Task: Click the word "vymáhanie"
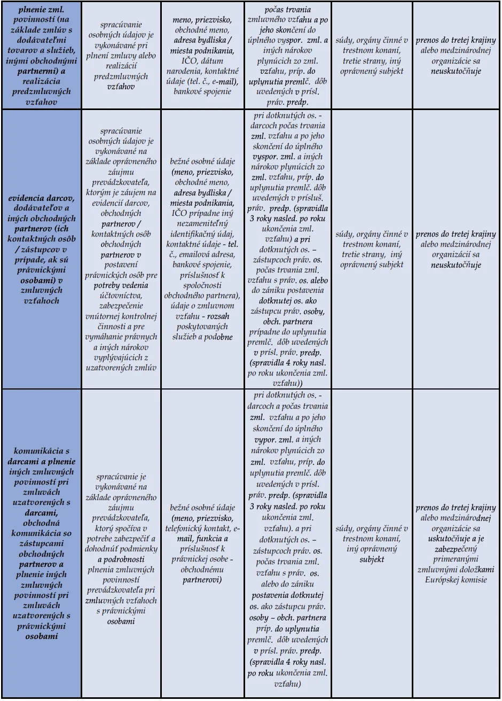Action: [104, 337]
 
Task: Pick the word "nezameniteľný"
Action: [202, 223]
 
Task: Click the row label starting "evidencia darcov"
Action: [42, 249]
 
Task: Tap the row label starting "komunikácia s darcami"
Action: [42, 543]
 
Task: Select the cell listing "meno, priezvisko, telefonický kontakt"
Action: [202, 543]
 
